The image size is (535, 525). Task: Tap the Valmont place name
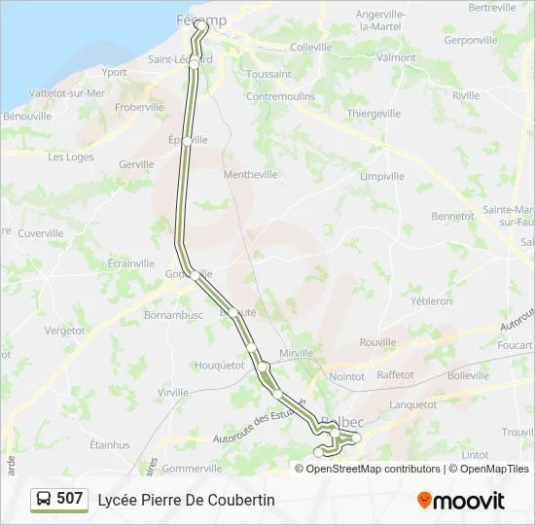(396, 57)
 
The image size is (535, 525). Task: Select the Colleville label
(310, 47)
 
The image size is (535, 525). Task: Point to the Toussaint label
(268, 74)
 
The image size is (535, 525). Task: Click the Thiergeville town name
(374, 114)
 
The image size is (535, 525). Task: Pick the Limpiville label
(381, 176)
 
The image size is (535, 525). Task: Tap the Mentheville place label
(250, 175)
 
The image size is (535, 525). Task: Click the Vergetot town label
(64, 331)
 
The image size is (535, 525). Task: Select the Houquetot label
(219, 366)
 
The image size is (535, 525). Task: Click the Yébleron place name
(431, 301)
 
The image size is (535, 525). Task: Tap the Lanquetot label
(412, 404)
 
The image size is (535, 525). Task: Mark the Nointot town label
(346, 376)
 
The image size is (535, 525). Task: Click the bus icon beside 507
(44, 499)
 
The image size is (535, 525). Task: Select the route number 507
(70, 498)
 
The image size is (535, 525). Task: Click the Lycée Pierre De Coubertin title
(186, 500)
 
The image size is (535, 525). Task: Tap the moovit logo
(461, 500)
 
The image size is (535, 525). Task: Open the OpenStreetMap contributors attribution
(373, 469)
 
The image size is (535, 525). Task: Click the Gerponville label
(470, 41)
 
